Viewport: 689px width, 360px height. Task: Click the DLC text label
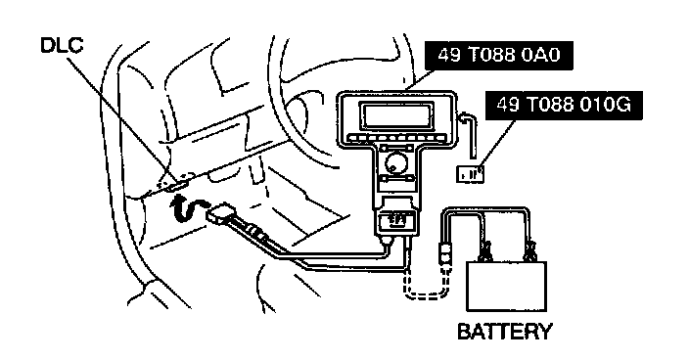click(62, 45)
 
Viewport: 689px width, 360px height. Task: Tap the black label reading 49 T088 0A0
click(499, 56)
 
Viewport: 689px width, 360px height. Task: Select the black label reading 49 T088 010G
click(564, 106)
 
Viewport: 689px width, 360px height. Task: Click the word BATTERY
click(504, 332)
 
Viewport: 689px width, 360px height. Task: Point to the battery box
click(506, 287)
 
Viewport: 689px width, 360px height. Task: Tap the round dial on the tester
click(396, 164)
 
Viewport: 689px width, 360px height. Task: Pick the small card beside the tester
click(470, 174)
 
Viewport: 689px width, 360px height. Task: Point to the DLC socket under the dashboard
click(176, 186)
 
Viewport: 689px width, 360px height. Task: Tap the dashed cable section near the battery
click(427, 293)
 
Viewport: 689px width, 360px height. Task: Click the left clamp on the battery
click(485, 251)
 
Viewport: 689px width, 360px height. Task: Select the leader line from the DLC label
click(118, 115)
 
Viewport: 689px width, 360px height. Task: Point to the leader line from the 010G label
click(499, 144)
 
